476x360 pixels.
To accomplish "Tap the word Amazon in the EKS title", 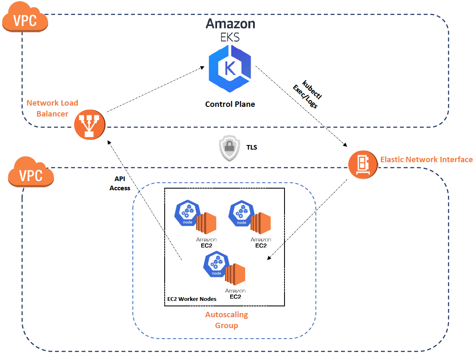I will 230,23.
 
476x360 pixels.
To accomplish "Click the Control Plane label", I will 230,104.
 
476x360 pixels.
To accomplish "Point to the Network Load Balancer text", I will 52,108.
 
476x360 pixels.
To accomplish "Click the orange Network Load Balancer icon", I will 89,125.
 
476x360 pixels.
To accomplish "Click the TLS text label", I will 251,148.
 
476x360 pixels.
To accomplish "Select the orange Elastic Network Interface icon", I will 363,164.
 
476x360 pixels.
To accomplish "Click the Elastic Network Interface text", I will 426,160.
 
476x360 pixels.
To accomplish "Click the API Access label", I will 120,183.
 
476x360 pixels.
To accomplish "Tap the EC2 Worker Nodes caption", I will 192,299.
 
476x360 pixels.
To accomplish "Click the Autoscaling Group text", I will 226,320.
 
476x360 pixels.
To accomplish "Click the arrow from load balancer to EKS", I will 155,89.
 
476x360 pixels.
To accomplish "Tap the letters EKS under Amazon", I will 230,37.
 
